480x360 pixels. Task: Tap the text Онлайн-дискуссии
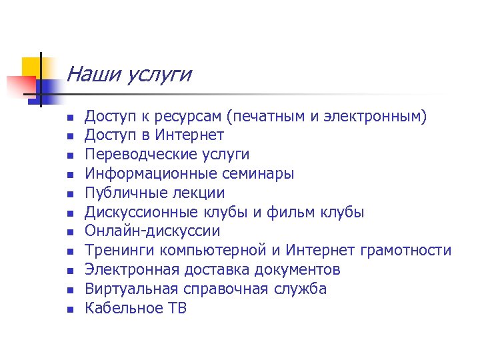152,231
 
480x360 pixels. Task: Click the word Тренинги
118,251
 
